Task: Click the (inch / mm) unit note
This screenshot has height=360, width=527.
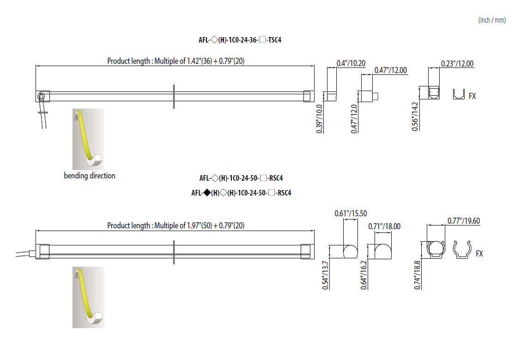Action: tap(492, 20)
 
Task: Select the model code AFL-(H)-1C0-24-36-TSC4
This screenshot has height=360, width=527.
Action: tap(240, 40)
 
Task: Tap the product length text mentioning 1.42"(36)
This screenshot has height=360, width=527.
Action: tap(176, 61)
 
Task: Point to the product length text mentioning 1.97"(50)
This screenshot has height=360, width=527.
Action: tap(176, 226)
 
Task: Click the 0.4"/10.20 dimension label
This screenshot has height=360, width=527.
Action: tap(351, 63)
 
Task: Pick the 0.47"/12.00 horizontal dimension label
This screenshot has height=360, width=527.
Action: tap(391, 70)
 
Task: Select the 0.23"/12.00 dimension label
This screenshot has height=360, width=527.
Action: tap(457, 64)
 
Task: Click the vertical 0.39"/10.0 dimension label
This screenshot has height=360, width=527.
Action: tap(320, 119)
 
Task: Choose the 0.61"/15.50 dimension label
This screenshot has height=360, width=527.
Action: tap(351, 214)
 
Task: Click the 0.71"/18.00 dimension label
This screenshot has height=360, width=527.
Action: tap(384, 226)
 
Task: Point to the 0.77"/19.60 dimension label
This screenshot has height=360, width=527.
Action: tap(464, 221)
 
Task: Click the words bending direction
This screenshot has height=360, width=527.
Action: tap(90, 176)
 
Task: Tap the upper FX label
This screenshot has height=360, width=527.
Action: tap(472, 96)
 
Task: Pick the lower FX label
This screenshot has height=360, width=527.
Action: tap(479, 254)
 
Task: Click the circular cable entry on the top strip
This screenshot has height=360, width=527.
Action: tap(42, 96)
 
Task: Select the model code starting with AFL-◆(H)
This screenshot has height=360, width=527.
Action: tap(241, 193)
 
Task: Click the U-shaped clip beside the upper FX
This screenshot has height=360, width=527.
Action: tap(458, 94)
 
